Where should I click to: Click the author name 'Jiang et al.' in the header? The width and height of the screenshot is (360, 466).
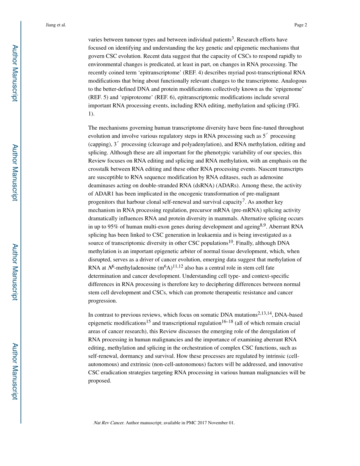pyautogui.click(x=56, y=25)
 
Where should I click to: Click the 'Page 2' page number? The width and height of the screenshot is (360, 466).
pyautogui.click(x=300, y=25)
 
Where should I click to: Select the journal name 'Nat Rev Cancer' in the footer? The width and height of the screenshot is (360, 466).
pyautogui.click(x=108, y=423)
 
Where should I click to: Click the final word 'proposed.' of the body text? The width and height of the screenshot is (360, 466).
pyautogui.click(x=100, y=381)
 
